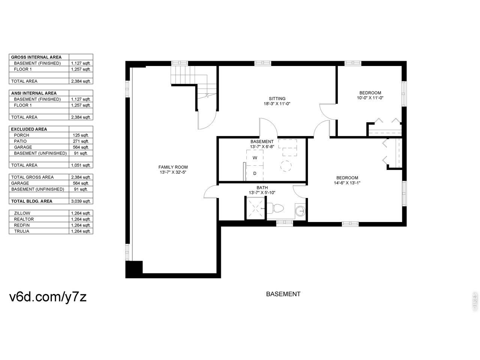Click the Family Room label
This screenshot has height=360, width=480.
pos(173,167)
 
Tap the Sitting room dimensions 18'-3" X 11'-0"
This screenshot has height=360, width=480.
pos(277,104)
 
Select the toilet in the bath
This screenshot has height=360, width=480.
pos(275,208)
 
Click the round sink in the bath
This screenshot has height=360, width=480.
pos(300,211)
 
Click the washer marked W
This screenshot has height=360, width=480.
pos(255,157)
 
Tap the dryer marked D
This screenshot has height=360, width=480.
pos(255,173)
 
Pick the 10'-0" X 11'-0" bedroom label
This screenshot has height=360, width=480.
pos(370,95)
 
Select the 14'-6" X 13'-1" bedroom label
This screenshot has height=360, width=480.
pos(347,180)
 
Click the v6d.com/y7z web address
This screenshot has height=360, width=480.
pos(48,297)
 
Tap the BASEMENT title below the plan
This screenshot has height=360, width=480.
pos(283,294)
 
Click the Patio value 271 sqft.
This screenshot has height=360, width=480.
pos(81,141)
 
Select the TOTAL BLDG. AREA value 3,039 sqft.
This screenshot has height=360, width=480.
pos(81,201)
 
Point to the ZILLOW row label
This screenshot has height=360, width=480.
pos(22,213)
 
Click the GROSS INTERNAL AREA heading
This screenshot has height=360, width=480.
pos(36,57)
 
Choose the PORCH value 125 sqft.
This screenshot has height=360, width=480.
pos(81,135)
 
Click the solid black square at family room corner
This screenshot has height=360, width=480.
pos(134,269)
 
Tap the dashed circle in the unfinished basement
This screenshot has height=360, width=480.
pos(286,166)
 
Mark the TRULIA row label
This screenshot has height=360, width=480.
pos(22,231)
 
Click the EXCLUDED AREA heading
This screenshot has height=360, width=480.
pos(29,129)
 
